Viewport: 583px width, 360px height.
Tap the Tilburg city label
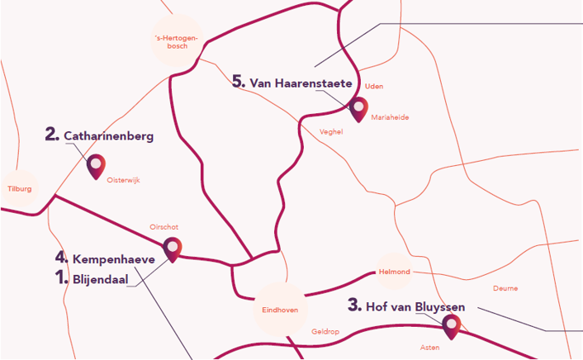[x=19, y=189]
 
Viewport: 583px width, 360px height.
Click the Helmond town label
[x=393, y=272]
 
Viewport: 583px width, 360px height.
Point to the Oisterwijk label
[x=125, y=182]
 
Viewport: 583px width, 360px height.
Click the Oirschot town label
[x=164, y=227]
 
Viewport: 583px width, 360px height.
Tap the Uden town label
[x=374, y=86]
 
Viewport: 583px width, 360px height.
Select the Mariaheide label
[x=390, y=117]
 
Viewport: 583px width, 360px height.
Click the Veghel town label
[x=330, y=131]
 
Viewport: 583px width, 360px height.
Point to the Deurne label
[x=505, y=288]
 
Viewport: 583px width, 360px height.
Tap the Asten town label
[x=429, y=348]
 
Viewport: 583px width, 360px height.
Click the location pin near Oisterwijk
[x=97, y=166]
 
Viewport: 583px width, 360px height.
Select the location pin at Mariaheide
[x=358, y=109]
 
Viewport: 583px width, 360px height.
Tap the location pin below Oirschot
[x=173, y=248]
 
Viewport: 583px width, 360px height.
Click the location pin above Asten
[x=451, y=326]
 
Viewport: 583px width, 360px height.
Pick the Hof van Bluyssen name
[x=415, y=306]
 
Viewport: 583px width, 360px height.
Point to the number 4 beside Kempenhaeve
[x=61, y=258]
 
